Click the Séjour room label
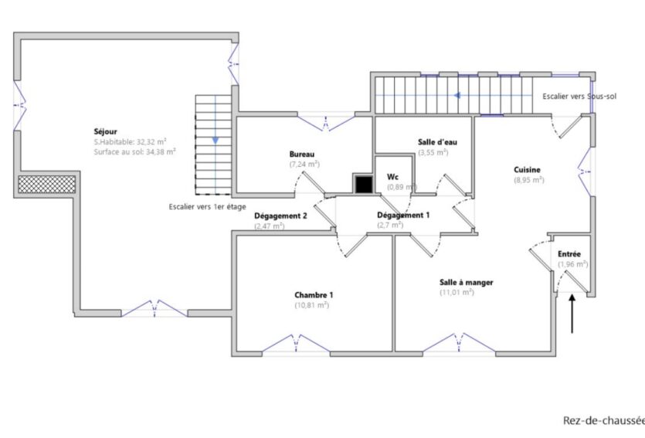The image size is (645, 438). tap(107, 132)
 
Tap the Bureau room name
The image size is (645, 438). tap(302, 154)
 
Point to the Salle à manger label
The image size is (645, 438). tap(467, 282)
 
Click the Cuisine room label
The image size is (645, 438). tap(528, 169)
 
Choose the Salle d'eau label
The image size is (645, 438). tap(433, 142)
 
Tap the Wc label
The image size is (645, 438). tap(392, 176)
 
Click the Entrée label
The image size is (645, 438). tap(569, 253)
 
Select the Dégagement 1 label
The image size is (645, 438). tap(403, 215)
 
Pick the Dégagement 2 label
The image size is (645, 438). tap(281, 216)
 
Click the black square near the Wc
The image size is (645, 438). tap(363, 184)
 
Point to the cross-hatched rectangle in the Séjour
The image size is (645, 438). tap(47, 184)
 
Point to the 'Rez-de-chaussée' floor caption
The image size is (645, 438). tap(603, 420)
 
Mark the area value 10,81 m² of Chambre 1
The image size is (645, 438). tap(312, 305)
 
